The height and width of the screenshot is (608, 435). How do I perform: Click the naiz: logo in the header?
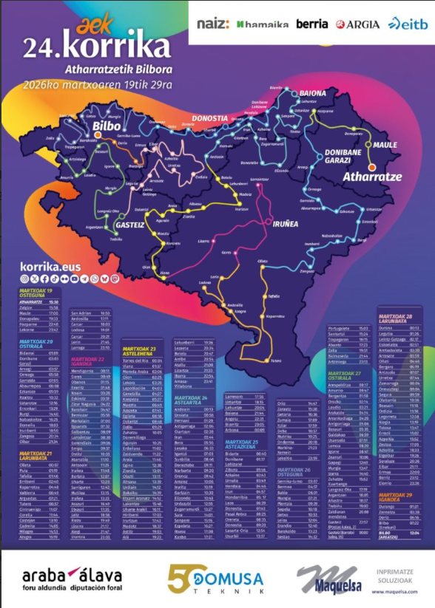click(x=213, y=24)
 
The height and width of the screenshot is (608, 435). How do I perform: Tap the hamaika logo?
click(x=263, y=24)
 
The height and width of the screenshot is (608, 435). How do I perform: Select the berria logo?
click(x=311, y=24)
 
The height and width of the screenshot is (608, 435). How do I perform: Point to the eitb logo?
click(x=408, y=24)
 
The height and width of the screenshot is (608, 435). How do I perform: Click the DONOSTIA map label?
click(x=209, y=118)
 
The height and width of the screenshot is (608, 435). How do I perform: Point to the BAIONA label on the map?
click(x=307, y=93)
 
